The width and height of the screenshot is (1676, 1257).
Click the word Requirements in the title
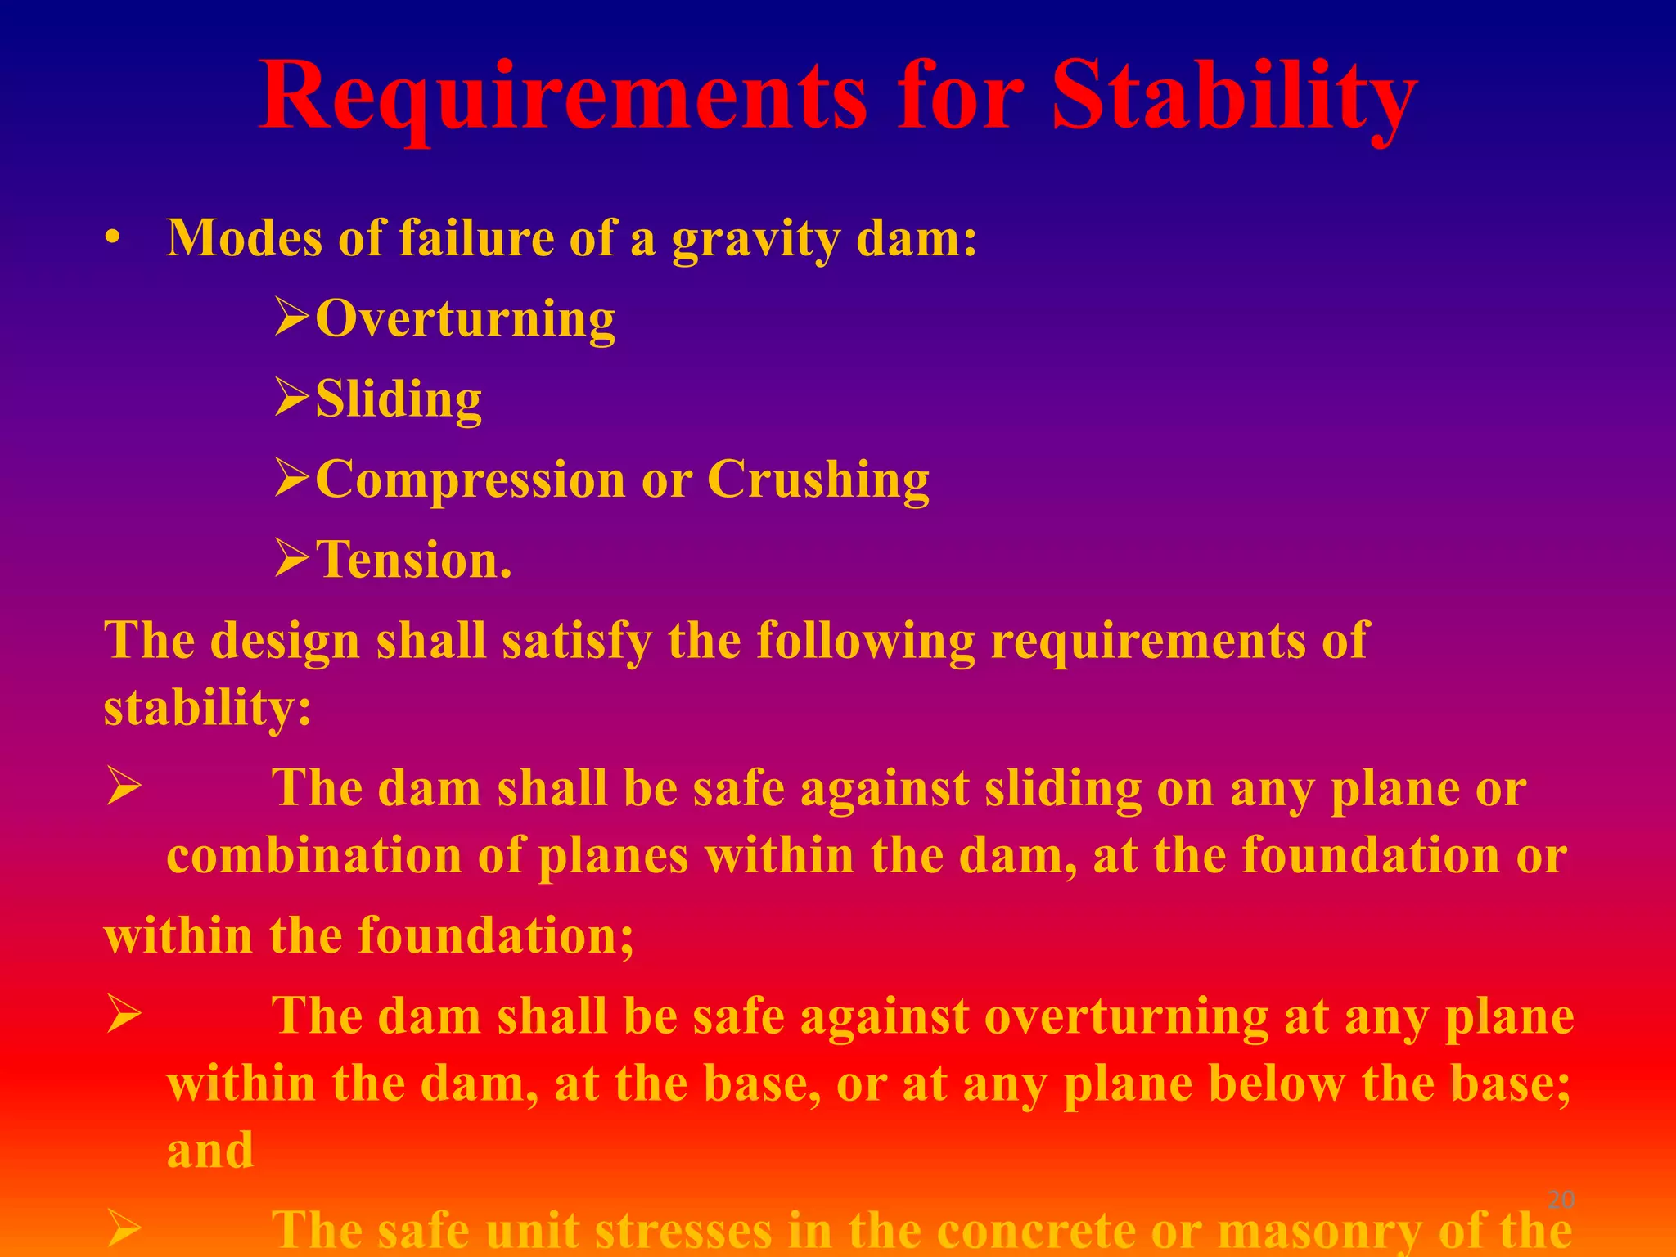pos(563,97)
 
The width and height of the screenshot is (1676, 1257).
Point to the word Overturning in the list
pos(465,318)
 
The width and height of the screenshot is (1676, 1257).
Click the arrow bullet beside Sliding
pos(291,398)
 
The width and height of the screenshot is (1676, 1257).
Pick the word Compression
pos(470,479)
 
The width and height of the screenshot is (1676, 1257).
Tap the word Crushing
pos(818,479)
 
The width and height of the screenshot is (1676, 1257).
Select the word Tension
pos(414,560)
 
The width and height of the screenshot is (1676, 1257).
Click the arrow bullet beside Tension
pos(291,560)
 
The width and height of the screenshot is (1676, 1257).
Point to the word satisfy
pos(577,640)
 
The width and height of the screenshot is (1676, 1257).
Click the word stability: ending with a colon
pos(208,707)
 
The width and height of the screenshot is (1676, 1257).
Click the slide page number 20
pos(1561,1201)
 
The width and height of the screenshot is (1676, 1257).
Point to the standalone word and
pos(210,1150)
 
